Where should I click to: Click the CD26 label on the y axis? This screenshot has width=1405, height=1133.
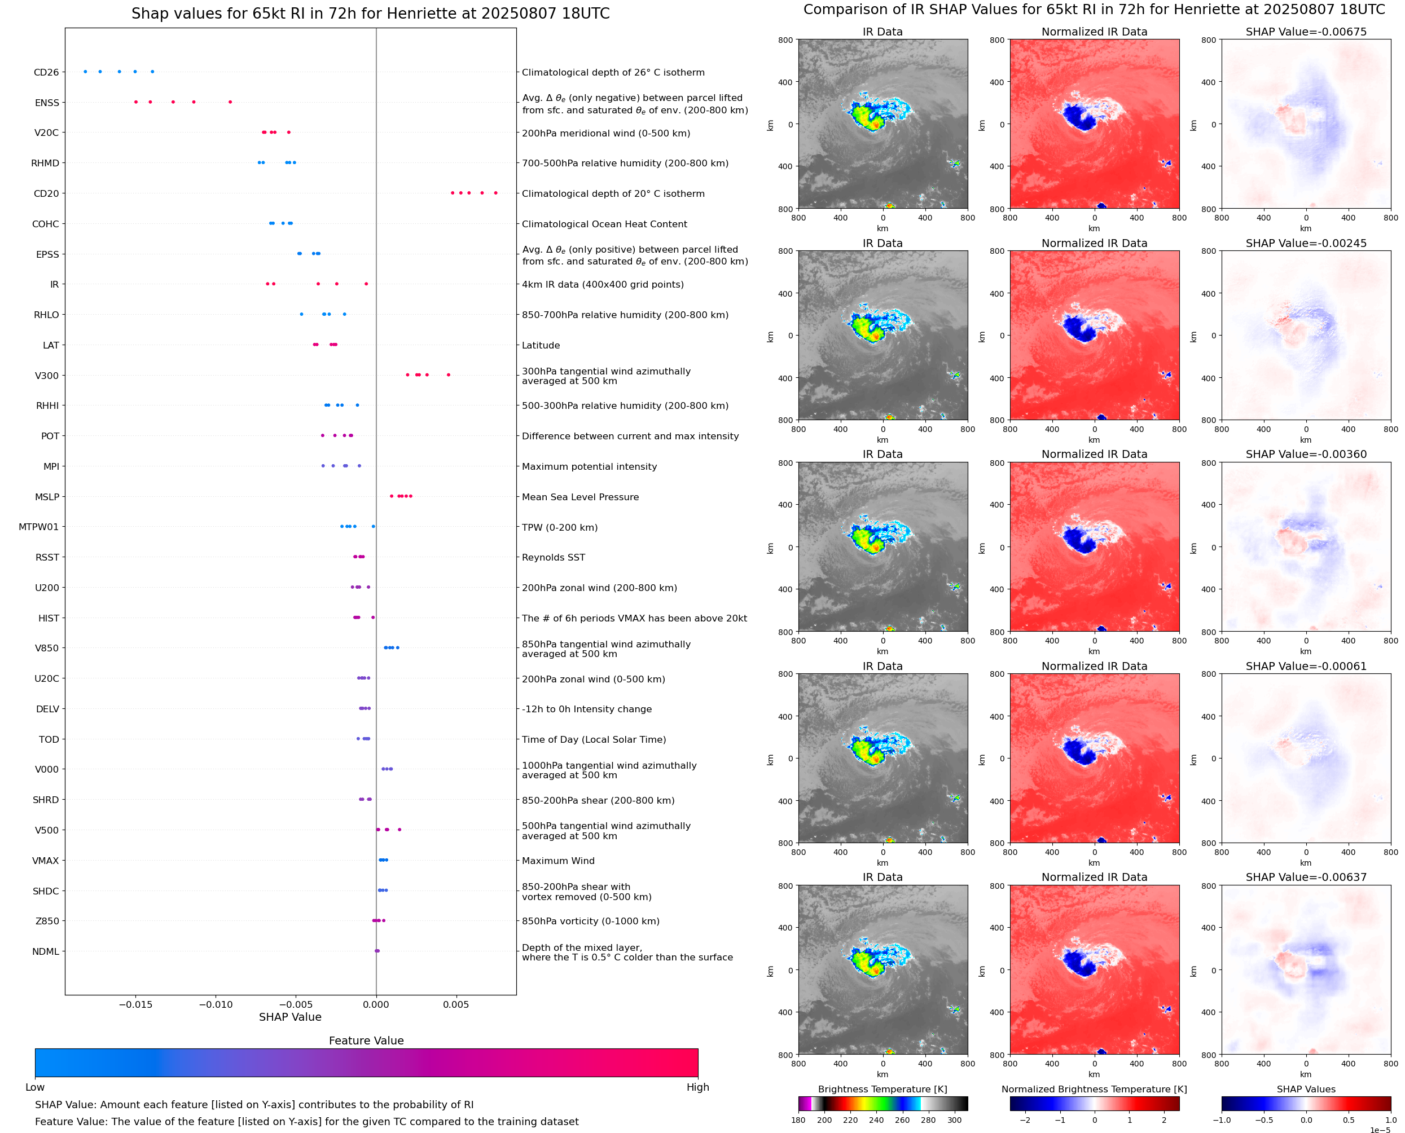tap(46, 72)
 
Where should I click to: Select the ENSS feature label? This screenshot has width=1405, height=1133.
tap(47, 103)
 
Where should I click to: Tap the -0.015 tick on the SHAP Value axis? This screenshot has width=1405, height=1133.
tap(135, 1004)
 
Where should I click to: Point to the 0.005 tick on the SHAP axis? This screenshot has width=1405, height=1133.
tap(456, 1004)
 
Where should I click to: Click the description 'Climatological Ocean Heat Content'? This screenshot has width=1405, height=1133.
tap(604, 224)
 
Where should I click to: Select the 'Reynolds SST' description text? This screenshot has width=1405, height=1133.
tap(553, 557)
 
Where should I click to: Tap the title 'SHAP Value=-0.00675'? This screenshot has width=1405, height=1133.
tap(1306, 32)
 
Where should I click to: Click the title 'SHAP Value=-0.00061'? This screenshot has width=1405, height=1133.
tap(1306, 667)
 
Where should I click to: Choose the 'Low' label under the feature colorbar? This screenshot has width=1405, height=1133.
tap(34, 1087)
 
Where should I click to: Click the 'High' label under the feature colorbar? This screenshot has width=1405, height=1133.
tap(697, 1087)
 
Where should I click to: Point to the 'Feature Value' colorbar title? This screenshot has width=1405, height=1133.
tap(366, 1041)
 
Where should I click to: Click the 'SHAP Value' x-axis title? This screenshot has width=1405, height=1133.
tap(290, 1017)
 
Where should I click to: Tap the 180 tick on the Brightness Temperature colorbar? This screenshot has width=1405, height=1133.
tap(798, 1120)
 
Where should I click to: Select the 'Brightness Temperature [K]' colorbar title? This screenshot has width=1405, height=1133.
tap(882, 1089)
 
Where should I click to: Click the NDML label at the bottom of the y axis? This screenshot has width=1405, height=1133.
tap(46, 951)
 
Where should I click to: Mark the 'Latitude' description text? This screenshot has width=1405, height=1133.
tap(541, 345)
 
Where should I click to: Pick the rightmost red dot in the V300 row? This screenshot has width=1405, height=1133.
tap(449, 374)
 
